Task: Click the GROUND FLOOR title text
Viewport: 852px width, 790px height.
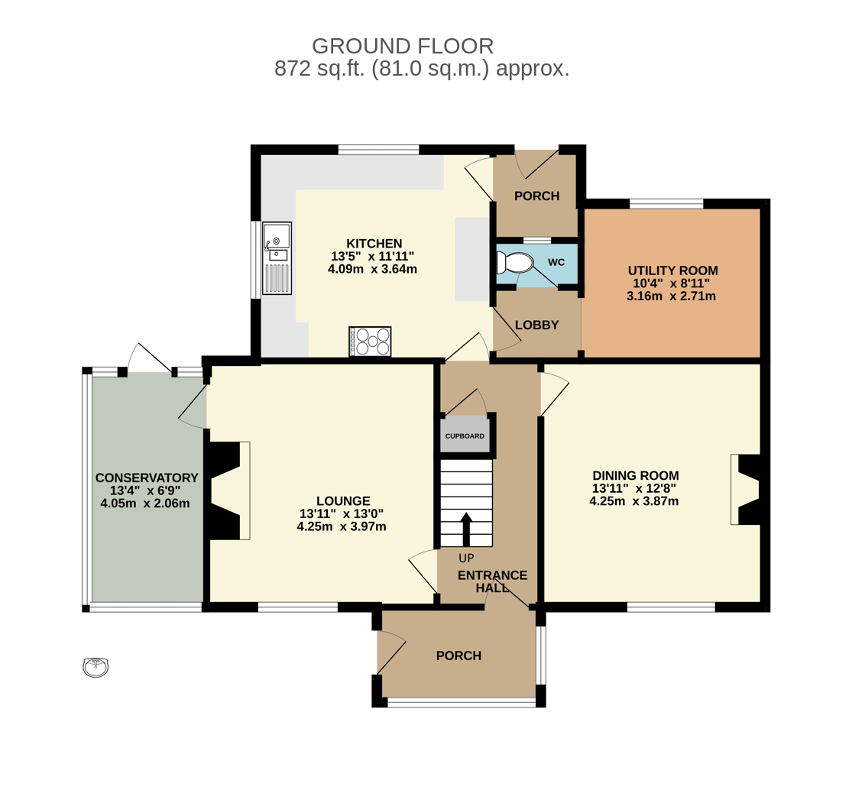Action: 403,46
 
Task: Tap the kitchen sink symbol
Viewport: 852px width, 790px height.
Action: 277,258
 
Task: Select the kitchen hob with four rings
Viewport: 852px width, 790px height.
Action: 370,342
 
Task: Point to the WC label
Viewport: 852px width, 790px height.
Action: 556,262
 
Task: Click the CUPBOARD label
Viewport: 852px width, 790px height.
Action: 465,435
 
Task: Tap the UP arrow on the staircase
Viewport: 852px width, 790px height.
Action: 465,529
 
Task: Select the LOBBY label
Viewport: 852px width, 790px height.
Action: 537,325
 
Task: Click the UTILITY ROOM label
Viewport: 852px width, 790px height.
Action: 672,270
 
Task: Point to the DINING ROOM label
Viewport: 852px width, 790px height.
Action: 636,476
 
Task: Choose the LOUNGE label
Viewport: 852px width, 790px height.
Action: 343,501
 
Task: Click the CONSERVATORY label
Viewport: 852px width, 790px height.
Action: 147,478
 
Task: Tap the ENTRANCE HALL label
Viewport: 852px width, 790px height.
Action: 492,581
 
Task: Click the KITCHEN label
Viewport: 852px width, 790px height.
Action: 374,244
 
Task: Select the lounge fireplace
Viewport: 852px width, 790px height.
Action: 228,491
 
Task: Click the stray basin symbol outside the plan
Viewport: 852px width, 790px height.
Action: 96,667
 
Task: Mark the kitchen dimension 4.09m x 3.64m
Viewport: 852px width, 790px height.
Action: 373,269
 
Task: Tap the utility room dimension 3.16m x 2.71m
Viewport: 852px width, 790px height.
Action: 672,296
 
